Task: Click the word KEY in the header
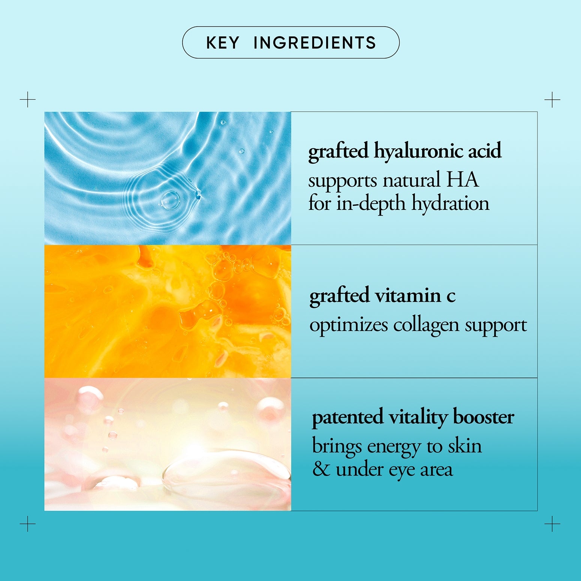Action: [x=223, y=43]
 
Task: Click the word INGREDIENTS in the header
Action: [x=315, y=43]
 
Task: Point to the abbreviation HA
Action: [x=462, y=180]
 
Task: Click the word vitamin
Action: [x=408, y=295]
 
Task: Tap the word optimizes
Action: [x=349, y=325]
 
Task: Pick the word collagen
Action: [x=426, y=325]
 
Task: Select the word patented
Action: [x=347, y=417]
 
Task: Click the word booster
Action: [x=484, y=416]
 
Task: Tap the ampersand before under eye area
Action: [x=321, y=469]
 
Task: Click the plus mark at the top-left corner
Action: [x=27, y=99]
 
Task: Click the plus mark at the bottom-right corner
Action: [x=552, y=524]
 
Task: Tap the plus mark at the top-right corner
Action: [x=552, y=99]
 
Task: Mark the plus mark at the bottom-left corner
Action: [x=27, y=524]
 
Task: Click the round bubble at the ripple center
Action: [x=171, y=200]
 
